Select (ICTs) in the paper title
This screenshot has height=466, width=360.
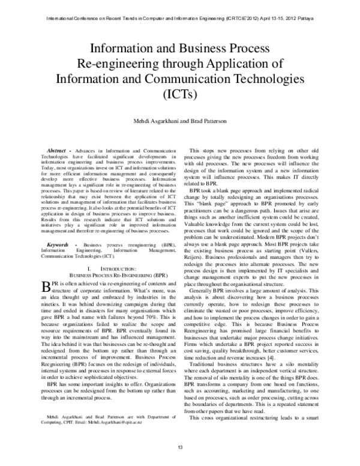point(179,94)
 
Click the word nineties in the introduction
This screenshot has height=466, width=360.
point(50,305)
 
